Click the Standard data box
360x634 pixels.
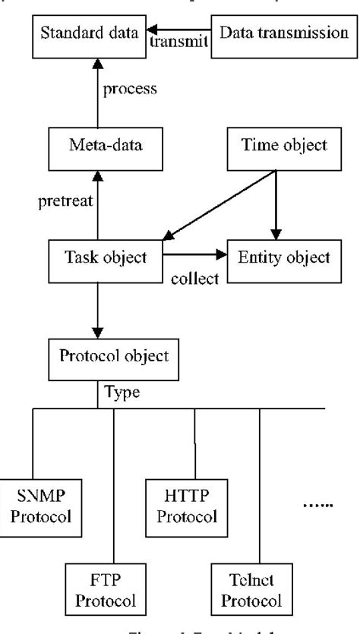(83, 35)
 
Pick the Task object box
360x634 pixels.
(96, 257)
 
